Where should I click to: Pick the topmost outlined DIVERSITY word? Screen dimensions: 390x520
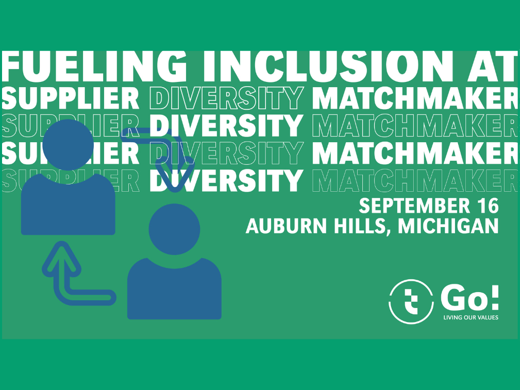(226, 98)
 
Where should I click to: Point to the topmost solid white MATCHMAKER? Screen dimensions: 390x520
(414, 98)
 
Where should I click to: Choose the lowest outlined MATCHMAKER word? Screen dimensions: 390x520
(414, 180)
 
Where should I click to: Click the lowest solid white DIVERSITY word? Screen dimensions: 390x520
(226, 180)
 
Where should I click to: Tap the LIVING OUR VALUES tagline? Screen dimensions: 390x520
(471, 317)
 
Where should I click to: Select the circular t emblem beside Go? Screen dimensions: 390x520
(411, 302)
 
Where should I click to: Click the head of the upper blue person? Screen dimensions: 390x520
(68, 145)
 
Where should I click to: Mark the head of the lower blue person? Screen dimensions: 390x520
(174, 229)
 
